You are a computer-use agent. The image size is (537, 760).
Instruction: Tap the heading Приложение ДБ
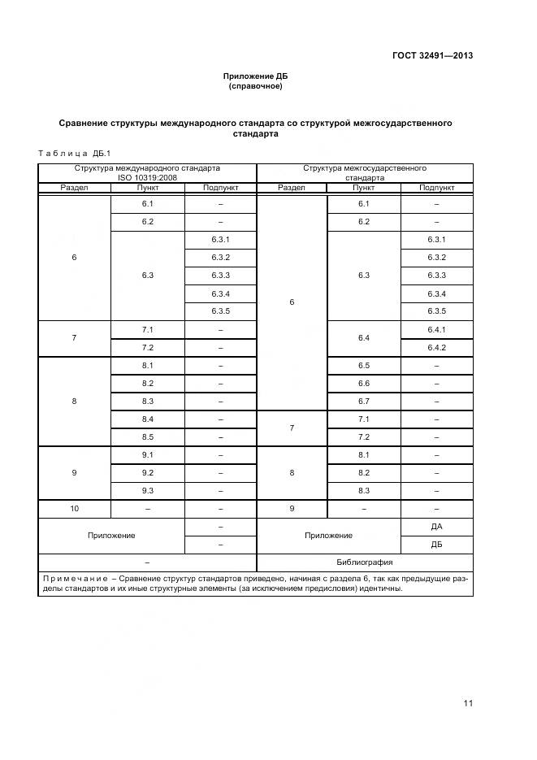pyautogui.click(x=256, y=76)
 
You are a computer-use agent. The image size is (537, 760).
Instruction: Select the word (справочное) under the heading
pyautogui.click(x=256, y=85)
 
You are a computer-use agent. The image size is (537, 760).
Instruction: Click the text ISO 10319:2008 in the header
pyautogui.click(x=147, y=176)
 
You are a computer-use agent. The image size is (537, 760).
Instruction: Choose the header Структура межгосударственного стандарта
pyautogui.click(x=365, y=172)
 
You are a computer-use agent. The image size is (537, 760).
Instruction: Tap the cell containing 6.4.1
pyautogui.click(x=436, y=329)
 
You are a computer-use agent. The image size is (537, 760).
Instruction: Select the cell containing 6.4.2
pyautogui.click(x=436, y=347)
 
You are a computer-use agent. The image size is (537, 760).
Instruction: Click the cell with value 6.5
pyautogui.click(x=363, y=365)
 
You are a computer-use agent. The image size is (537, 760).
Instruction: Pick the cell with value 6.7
pyautogui.click(x=363, y=401)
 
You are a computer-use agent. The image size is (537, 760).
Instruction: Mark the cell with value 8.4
pyautogui.click(x=147, y=419)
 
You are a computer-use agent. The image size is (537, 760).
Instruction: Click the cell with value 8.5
pyautogui.click(x=147, y=436)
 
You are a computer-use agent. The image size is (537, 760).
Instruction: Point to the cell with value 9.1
pyautogui.click(x=147, y=454)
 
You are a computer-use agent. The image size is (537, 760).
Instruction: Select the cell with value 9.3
pyautogui.click(x=147, y=490)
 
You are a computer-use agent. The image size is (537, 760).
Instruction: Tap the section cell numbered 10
pyautogui.click(x=74, y=508)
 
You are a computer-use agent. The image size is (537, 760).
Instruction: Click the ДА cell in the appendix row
pyautogui.click(x=436, y=526)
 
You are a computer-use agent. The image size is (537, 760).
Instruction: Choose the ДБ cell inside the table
pyautogui.click(x=436, y=545)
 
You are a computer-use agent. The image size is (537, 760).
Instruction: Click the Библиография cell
pyautogui.click(x=365, y=562)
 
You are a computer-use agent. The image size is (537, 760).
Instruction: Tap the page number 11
pyautogui.click(x=467, y=704)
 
